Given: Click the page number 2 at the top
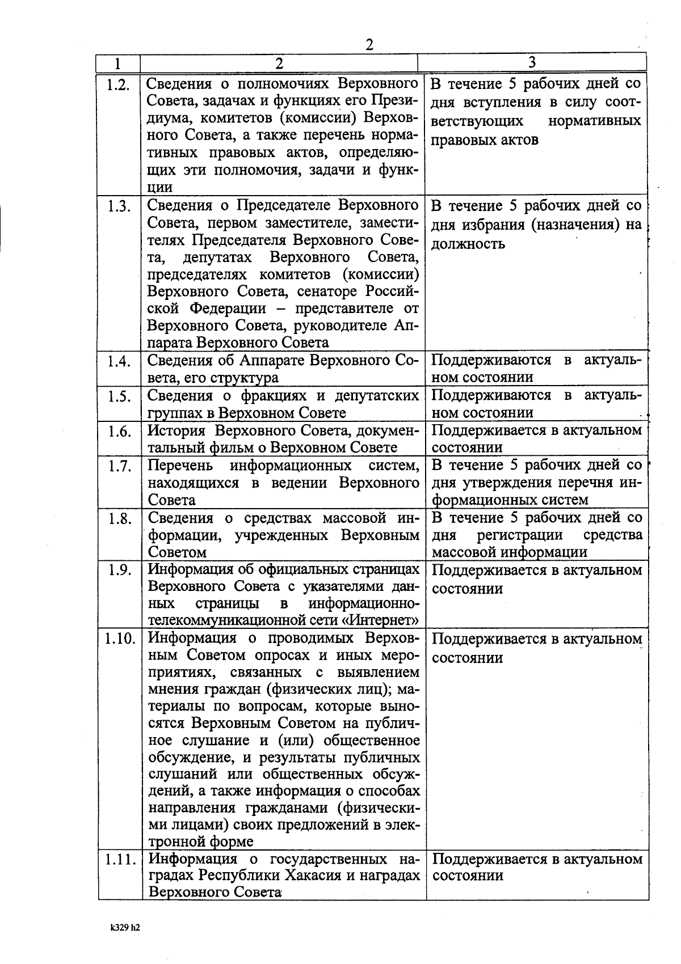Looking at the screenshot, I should [369, 44].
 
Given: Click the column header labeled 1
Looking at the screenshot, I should [118, 63].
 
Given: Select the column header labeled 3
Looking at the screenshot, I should [532, 62].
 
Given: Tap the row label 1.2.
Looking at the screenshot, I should [119, 85].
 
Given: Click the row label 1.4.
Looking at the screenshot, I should [119, 361].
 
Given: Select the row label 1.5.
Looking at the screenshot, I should [119, 396].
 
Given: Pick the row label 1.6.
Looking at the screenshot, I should [119, 432].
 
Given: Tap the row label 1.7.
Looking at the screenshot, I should [119, 467].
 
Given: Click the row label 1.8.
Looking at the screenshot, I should [119, 519].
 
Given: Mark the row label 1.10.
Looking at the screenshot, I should [120, 639].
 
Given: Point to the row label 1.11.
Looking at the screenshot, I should [120, 859].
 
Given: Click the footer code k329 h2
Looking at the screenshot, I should [125, 928].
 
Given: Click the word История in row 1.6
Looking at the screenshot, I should [178, 430].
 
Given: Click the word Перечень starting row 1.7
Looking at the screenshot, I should [181, 466].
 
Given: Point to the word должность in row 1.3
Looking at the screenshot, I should [468, 244].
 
